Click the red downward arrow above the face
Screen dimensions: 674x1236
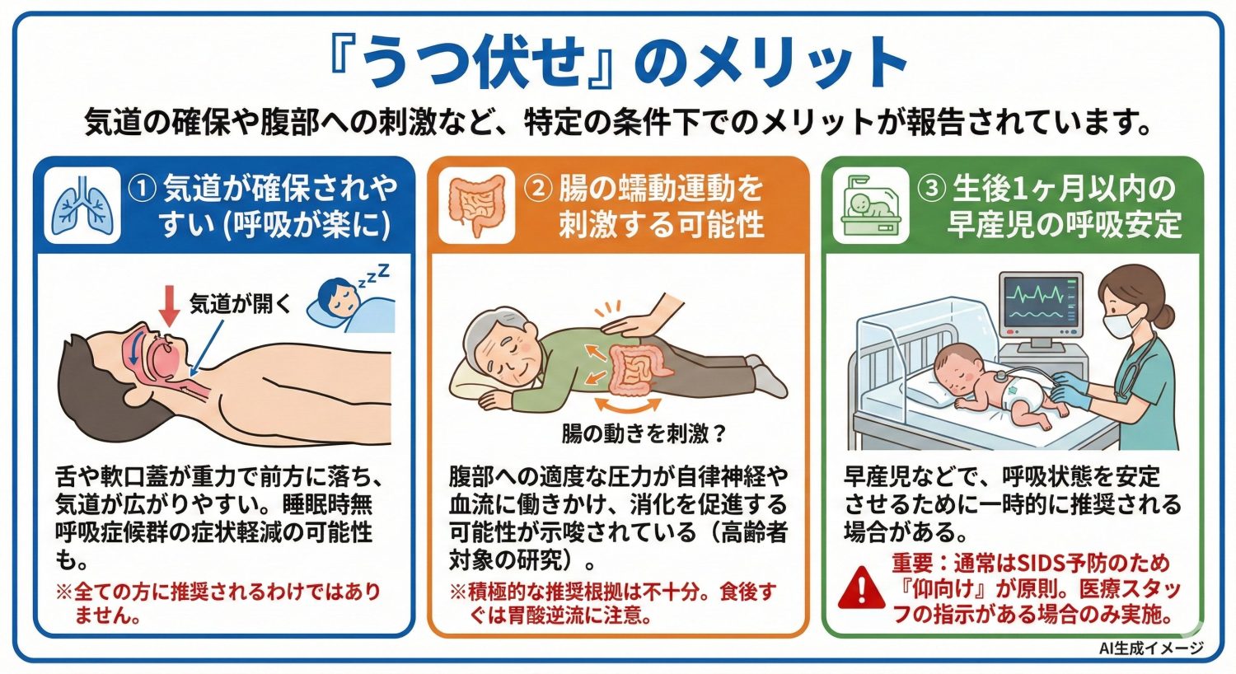(170, 306)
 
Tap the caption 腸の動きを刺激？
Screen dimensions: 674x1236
(644, 433)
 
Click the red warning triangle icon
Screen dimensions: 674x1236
(861, 587)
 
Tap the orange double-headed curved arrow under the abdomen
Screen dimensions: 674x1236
(628, 405)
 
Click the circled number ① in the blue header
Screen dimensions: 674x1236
(143, 189)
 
